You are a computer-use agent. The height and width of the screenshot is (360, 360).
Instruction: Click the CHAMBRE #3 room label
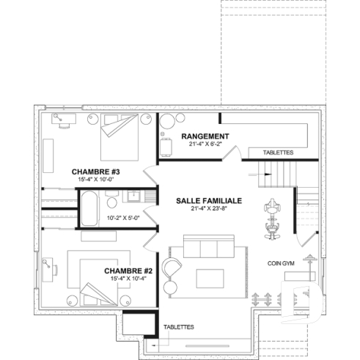pos(96,172)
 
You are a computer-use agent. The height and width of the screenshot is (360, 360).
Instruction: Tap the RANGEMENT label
pos(205,136)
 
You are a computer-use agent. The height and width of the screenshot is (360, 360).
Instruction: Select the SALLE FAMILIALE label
pos(208,200)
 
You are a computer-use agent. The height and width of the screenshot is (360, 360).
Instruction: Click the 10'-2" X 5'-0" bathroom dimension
pos(123,218)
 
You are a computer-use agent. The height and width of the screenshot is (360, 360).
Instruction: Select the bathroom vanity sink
pos(134,196)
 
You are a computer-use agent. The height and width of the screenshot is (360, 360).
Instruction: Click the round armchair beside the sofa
pos(172,268)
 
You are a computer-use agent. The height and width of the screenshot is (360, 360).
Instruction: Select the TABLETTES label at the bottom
pos(178,327)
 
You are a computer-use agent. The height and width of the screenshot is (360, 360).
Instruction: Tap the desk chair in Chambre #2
pos(47,260)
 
